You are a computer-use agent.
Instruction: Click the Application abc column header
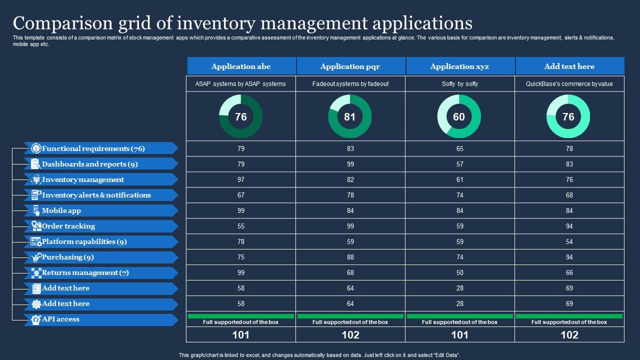(x=241, y=66)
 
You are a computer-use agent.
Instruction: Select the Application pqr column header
(x=350, y=66)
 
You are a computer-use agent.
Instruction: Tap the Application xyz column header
(x=459, y=66)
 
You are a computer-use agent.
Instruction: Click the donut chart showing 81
(x=350, y=116)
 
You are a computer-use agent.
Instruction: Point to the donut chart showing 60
(x=459, y=116)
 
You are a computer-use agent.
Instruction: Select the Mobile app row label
(x=61, y=210)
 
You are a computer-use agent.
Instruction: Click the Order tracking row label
(x=68, y=226)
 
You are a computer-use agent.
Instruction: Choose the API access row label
(x=60, y=319)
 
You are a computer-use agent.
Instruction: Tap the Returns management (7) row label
(x=85, y=272)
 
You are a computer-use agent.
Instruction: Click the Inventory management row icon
(x=36, y=179)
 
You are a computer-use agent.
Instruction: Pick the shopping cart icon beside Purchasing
(x=36, y=257)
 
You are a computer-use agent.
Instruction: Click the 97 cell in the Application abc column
(x=241, y=179)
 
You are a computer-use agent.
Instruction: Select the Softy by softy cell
(x=460, y=84)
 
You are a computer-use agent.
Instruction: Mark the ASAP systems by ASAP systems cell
(x=240, y=84)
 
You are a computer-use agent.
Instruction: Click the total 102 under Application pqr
(x=350, y=334)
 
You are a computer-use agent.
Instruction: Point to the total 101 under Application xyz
(x=460, y=334)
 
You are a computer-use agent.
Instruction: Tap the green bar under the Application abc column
(x=241, y=316)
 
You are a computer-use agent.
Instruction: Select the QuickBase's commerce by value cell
(x=569, y=84)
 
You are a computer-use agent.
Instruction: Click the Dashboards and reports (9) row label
(x=90, y=164)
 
